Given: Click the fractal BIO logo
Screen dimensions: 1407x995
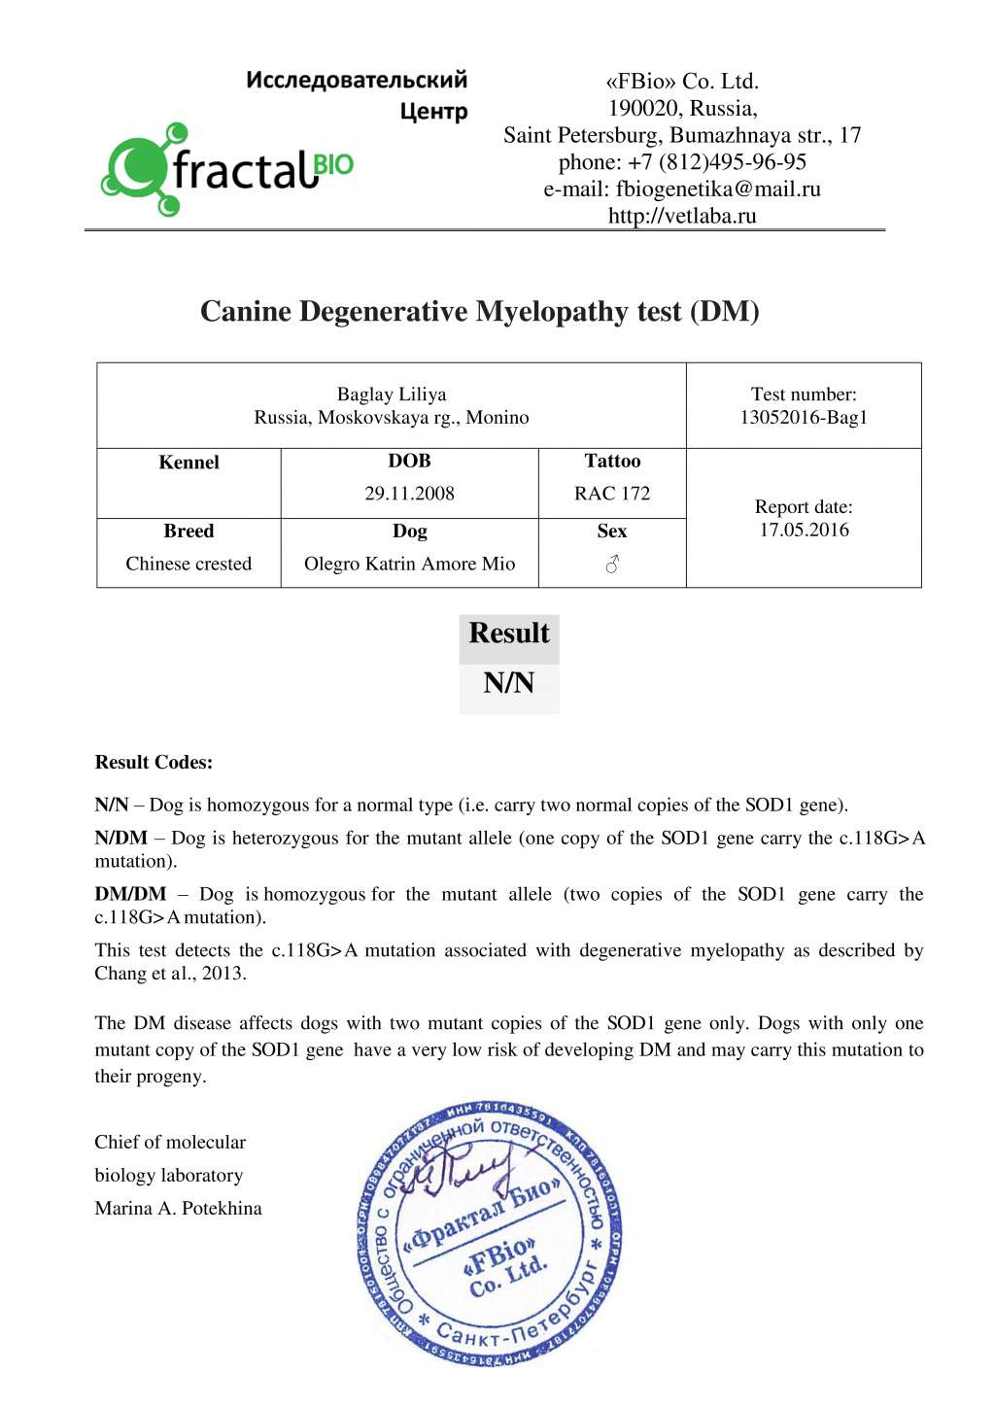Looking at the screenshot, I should click(228, 169).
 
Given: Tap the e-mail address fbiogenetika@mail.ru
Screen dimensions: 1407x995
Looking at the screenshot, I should click(718, 189).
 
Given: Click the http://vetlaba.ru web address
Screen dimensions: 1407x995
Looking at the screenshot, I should click(682, 216).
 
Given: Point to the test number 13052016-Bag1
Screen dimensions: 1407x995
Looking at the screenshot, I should click(804, 418).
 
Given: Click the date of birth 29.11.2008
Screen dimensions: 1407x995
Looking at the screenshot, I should click(409, 494).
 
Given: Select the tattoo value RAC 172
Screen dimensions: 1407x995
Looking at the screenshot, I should click(612, 494).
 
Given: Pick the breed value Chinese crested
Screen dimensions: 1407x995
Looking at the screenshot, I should click(189, 565).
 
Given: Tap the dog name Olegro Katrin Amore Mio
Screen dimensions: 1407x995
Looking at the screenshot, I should click(409, 565).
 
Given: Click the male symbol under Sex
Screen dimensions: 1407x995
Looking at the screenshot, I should click(612, 565).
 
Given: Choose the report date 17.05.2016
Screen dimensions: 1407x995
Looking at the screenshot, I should click(804, 531).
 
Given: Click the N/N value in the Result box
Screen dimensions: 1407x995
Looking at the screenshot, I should click(509, 683).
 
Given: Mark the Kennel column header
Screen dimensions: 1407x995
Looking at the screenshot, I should click(189, 463).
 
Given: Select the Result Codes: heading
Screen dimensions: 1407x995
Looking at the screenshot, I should click(154, 763).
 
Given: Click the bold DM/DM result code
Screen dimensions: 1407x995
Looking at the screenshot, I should click(130, 894).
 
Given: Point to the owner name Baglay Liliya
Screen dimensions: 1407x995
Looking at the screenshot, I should click(392, 395).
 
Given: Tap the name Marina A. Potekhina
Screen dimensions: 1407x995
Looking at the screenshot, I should click(178, 1209).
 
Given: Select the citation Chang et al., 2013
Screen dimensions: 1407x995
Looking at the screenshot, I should click(170, 974).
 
